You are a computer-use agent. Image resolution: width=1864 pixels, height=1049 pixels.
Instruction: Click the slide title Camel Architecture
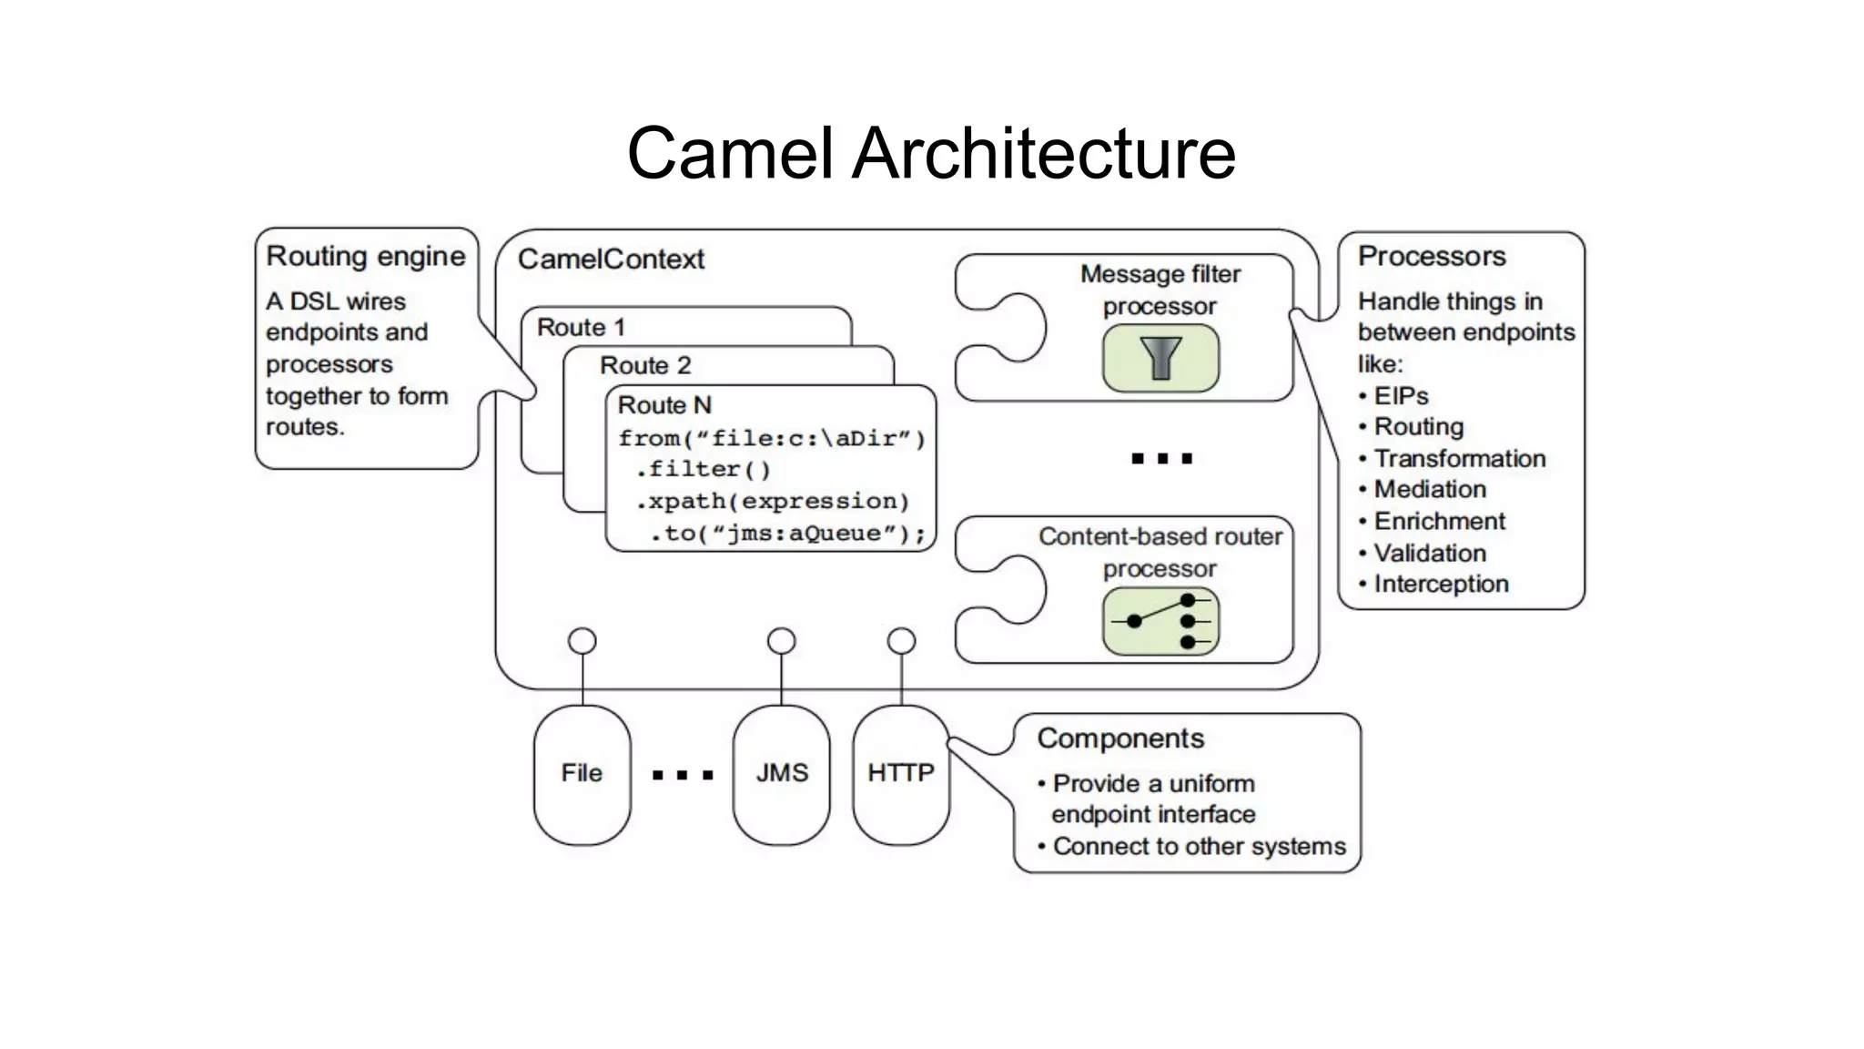[931, 153]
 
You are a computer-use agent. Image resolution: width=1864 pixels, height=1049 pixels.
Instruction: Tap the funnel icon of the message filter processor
[1160, 358]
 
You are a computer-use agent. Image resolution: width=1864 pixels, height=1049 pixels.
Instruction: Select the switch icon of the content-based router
[1160, 621]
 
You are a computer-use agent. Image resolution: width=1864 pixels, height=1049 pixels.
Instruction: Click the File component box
[582, 774]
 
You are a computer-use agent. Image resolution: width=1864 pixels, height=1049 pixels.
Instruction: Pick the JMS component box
[781, 774]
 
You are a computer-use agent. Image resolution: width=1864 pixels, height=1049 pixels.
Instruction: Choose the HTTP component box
[900, 774]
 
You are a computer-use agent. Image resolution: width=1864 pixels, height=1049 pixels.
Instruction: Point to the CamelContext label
[611, 260]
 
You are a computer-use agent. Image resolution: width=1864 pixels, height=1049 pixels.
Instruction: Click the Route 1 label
[581, 327]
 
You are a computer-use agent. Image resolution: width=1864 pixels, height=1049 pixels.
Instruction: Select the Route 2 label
[645, 366]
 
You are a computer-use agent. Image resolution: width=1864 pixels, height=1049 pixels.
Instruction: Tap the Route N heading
[664, 405]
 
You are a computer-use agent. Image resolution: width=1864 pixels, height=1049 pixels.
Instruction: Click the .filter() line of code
[703, 470]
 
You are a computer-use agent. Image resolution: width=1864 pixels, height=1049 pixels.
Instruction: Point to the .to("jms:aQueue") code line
[786, 534]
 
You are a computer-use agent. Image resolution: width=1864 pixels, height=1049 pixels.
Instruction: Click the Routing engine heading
[365, 257]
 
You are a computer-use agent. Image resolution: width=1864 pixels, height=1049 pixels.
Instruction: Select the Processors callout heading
[1431, 257]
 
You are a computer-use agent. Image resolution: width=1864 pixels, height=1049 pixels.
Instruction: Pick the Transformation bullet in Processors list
[1459, 459]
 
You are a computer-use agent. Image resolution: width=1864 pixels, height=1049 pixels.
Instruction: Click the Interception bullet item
[1440, 585]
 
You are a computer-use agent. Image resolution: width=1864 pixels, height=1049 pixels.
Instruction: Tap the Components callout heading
[1119, 738]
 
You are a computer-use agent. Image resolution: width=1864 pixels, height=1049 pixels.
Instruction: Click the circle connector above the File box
[582, 641]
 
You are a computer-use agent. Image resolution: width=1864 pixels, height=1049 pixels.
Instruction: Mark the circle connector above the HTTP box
[901, 641]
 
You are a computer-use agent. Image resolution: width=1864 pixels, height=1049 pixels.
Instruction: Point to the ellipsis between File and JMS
[683, 776]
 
